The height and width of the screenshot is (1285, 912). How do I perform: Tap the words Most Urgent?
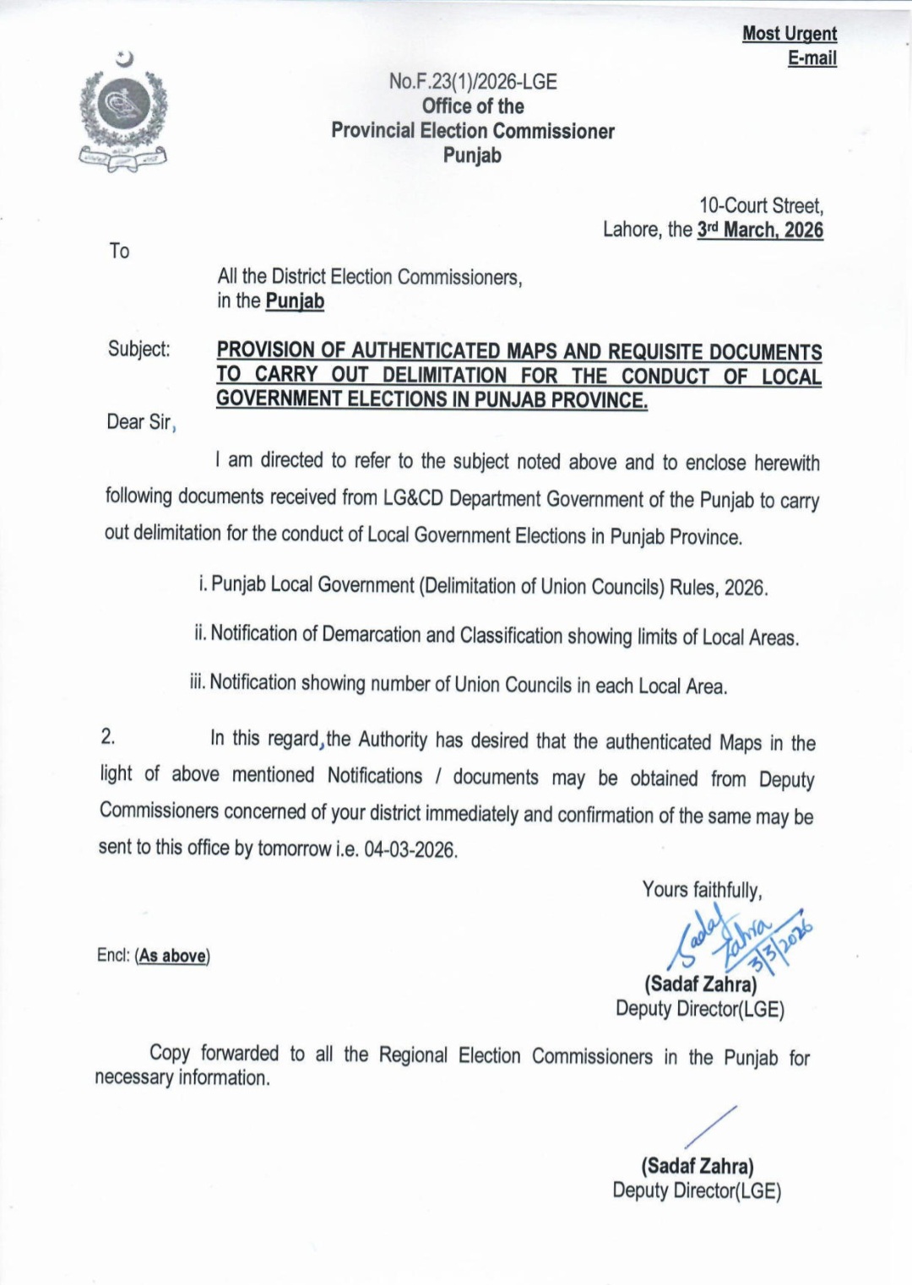(790, 34)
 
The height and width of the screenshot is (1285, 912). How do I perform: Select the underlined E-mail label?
(812, 58)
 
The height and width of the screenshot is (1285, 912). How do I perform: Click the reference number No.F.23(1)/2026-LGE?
(473, 82)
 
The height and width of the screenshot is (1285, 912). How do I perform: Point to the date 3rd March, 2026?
(760, 230)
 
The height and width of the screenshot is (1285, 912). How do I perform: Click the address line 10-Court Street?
(761, 206)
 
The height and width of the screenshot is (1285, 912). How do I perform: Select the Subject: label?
(138, 350)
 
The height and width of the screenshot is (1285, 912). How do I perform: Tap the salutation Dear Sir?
(138, 422)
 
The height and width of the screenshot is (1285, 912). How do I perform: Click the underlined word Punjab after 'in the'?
(295, 301)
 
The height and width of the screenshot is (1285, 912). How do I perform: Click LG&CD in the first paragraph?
(413, 498)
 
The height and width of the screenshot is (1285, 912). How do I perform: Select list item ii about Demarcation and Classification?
(497, 636)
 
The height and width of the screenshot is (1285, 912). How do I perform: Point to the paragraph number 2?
(108, 736)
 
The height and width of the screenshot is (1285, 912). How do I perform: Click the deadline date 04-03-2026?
(410, 849)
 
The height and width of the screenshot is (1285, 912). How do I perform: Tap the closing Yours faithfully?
(702, 890)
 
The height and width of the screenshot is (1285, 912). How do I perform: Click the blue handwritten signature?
(739, 938)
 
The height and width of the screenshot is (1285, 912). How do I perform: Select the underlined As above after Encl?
(172, 956)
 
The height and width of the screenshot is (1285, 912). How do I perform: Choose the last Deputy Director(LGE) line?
(697, 1191)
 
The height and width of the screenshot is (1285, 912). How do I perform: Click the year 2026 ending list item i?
(745, 588)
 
